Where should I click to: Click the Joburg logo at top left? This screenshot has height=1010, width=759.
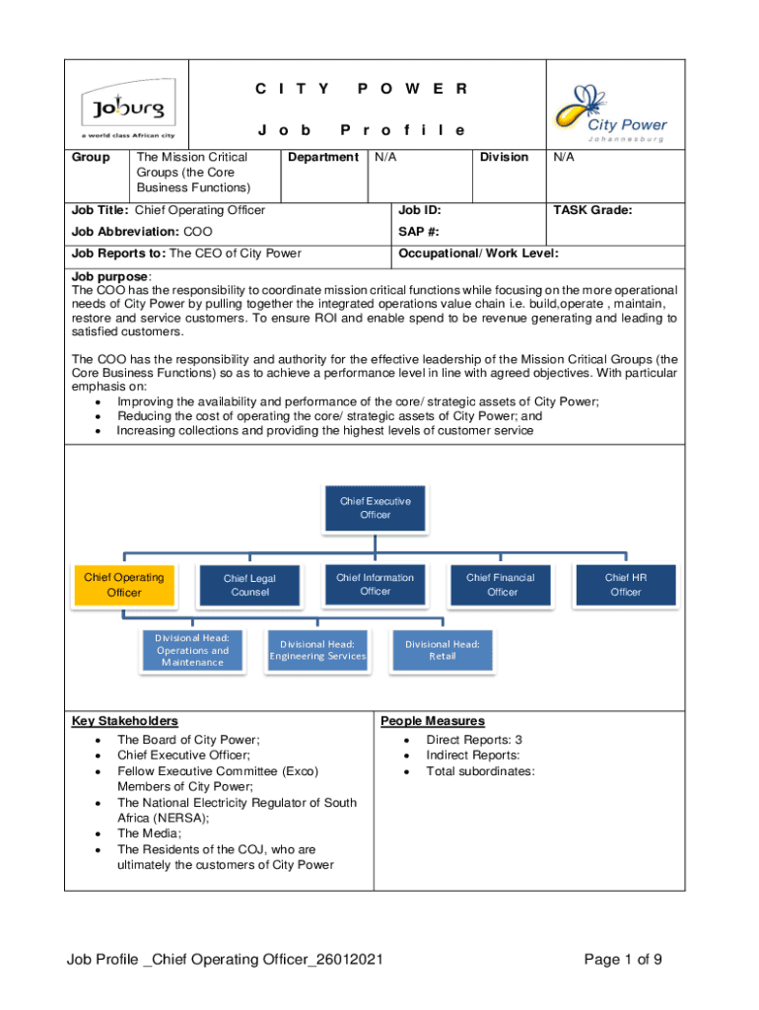click(126, 108)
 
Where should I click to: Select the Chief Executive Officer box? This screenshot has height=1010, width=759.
click(375, 508)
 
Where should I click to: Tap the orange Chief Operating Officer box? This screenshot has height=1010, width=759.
click(123, 585)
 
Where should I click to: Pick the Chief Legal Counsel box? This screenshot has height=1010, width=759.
click(249, 585)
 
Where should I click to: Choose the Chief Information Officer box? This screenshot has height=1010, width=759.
click(375, 584)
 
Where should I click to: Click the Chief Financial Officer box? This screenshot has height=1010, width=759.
click(501, 585)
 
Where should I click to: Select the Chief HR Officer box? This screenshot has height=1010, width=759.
click(626, 585)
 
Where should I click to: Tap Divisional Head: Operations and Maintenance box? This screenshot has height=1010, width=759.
click(192, 651)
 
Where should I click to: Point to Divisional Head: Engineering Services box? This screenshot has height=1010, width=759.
click(317, 651)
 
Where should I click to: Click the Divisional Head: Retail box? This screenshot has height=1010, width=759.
click(443, 651)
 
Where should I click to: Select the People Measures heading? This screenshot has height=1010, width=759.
click(433, 721)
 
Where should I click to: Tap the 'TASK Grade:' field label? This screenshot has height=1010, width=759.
click(592, 210)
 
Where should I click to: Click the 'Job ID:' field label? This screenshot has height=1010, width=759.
click(419, 210)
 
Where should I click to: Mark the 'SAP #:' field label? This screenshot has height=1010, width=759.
click(418, 232)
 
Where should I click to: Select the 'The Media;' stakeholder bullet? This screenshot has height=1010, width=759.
click(149, 833)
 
